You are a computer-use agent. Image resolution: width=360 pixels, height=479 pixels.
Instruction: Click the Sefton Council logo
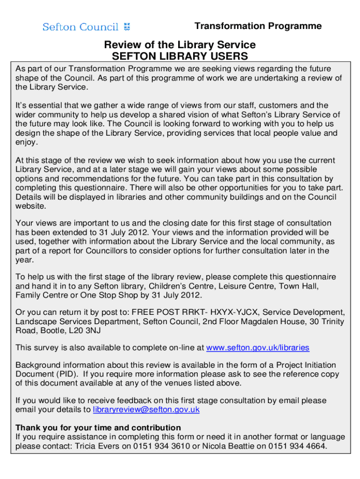86,27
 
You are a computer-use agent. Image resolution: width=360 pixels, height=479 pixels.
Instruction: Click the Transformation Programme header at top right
258,26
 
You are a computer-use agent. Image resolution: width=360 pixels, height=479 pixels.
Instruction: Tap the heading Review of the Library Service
180,45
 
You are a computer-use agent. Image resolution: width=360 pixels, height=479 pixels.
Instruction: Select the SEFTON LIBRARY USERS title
180,57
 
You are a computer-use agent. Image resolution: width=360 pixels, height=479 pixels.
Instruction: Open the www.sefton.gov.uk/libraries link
258,348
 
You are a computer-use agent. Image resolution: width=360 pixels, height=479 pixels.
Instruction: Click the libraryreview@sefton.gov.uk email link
146,410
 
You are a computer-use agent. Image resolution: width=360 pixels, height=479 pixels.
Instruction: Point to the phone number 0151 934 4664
297,446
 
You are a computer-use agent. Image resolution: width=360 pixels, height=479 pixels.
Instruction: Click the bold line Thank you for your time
98,428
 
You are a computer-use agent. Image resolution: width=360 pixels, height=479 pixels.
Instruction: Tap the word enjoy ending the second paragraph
26,142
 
